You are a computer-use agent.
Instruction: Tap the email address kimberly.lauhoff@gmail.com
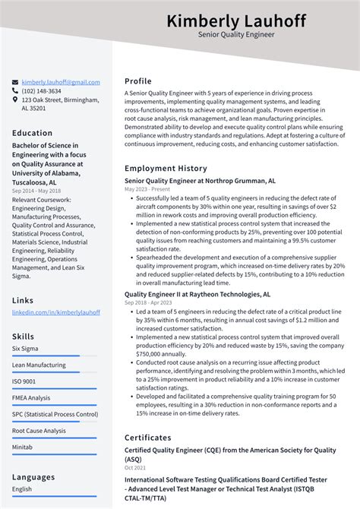[x=61, y=82]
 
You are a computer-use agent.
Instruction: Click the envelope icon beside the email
[x=15, y=82]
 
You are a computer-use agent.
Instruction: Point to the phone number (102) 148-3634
[x=42, y=91]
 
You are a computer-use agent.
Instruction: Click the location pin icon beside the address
[x=15, y=100]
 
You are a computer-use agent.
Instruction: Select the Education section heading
[x=32, y=133]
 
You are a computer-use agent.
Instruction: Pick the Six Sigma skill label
[x=24, y=348]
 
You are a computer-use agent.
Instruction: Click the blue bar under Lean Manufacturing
[x=46, y=372]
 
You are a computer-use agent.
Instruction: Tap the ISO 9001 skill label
[x=24, y=381]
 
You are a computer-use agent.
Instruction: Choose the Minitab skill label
[x=23, y=447]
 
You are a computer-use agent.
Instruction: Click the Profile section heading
[x=138, y=81]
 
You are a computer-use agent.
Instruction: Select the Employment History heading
[x=166, y=168]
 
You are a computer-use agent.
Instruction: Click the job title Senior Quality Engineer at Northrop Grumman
[x=194, y=181]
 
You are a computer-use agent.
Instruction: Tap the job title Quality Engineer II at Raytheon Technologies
[x=197, y=293]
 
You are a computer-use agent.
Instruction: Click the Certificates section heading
[x=148, y=438]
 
